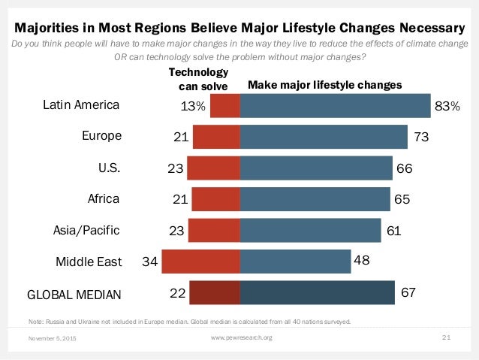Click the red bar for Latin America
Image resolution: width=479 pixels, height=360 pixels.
click(x=225, y=106)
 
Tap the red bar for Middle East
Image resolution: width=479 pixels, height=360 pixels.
click(x=200, y=262)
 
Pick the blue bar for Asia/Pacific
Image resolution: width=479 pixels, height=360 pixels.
click(x=311, y=230)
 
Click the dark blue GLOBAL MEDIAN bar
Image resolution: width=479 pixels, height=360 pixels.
click(x=318, y=292)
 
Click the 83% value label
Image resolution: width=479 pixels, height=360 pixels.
click(x=447, y=107)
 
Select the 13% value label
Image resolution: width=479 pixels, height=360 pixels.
click(x=193, y=107)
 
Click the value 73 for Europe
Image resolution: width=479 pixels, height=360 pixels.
click(x=420, y=137)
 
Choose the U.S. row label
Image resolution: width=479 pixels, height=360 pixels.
click(x=110, y=168)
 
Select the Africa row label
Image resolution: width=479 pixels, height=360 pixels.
click(x=103, y=199)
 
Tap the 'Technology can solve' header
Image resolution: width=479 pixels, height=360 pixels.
click(x=198, y=78)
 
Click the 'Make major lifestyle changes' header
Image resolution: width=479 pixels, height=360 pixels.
click(x=324, y=86)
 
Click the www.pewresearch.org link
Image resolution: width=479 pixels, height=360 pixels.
click(x=242, y=337)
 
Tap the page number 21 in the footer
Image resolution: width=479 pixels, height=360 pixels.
click(x=445, y=337)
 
